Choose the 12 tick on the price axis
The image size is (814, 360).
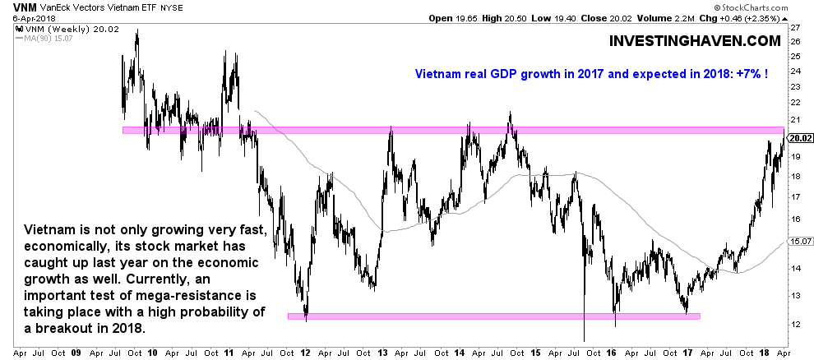(x=793, y=323)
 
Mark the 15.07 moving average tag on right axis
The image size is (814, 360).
(x=799, y=242)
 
